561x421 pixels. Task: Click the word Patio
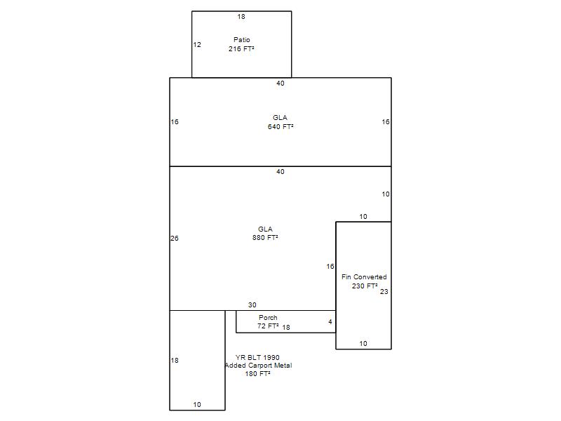click(x=241, y=40)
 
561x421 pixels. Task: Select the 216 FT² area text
click(x=241, y=48)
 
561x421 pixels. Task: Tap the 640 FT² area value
click(x=280, y=126)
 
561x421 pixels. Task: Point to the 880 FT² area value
click(x=265, y=237)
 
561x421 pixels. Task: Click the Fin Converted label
click(x=364, y=276)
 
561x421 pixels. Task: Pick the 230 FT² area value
click(x=365, y=286)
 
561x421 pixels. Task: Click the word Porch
click(x=268, y=318)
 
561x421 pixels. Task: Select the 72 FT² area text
click(x=268, y=326)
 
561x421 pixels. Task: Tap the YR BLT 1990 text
click(x=257, y=357)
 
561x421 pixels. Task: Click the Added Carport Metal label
click(x=258, y=365)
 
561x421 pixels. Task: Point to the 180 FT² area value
click(x=257, y=373)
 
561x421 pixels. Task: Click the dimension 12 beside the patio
click(x=197, y=45)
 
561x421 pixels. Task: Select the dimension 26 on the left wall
click(x=175, y=239)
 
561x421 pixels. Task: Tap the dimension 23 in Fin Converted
click(x=384, y=292)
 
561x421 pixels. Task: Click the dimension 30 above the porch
click(x=252, y=305)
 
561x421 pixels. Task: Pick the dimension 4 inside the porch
click(x=330, y=322)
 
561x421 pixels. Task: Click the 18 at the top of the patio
click(x=241, y=16)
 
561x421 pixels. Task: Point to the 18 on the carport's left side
click(x=175, y=361)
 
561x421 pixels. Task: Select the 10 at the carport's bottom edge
click(x=197, y=405)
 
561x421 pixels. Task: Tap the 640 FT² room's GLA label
click(x=280, y=117)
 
